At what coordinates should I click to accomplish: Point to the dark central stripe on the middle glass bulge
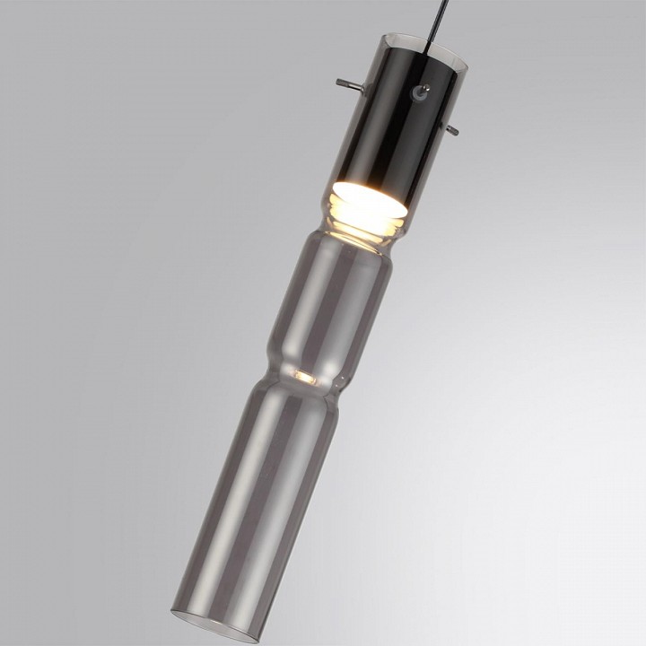coord(327,310)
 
